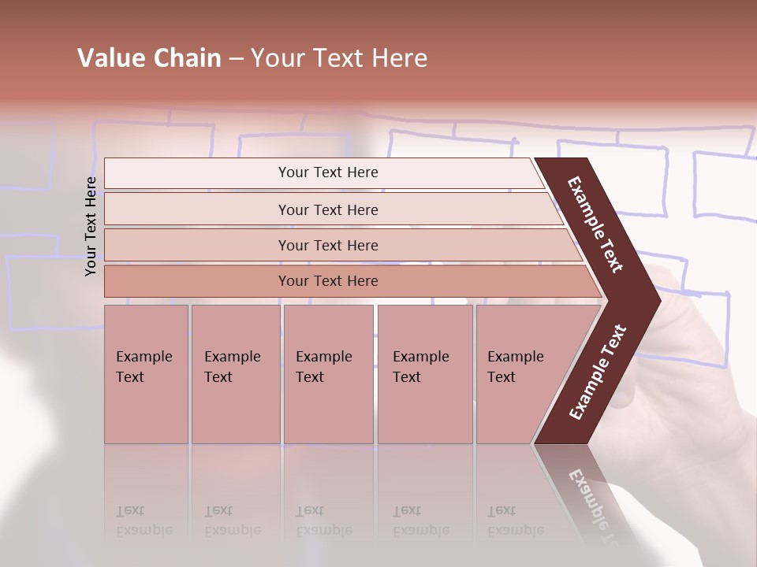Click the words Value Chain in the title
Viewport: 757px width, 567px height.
point(149,58)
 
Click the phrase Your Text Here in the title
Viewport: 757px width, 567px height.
point(339,58)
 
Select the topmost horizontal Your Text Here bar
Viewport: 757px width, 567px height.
point(328,172)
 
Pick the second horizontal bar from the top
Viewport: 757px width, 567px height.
point(328,209)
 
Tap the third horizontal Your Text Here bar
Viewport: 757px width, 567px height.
point(328,245)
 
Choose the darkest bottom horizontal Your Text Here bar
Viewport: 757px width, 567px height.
point(328,281)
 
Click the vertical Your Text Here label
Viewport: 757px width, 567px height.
point(91,226)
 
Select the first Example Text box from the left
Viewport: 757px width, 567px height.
point(146,373)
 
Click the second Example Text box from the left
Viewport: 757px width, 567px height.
point(235,373)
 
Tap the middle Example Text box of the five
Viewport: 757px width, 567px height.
point(328,373)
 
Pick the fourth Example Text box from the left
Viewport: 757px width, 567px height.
point(424,373)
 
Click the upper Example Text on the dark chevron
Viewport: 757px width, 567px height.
point(595,224)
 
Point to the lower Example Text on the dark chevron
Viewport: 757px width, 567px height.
point(598,372)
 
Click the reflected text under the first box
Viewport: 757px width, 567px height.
point(144,521)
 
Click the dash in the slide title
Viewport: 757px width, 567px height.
point(236,59)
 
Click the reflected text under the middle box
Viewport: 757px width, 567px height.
point(324,521)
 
